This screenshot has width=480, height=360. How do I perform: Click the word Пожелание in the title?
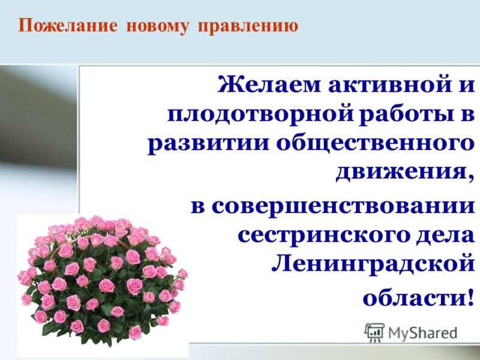click(68, 25)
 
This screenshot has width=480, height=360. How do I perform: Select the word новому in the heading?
click(158, 26)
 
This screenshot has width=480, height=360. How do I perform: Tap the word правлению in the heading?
click(248, 26)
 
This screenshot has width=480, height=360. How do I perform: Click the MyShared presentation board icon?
click(374, 332)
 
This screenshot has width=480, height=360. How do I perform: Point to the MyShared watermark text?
click(422, 333)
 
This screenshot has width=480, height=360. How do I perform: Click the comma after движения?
click(470, 178)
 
